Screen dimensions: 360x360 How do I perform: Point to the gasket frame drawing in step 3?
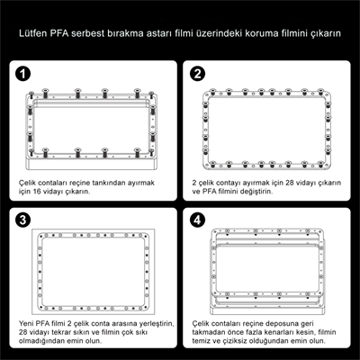point(91,270)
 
